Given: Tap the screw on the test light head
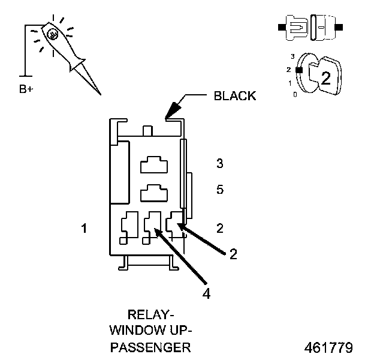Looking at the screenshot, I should point(52,34).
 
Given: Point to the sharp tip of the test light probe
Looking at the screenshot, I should point(99,94).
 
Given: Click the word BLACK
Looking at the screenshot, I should point(235,95).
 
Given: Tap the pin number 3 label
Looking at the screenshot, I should point(220,163).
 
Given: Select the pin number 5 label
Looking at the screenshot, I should point(220,190).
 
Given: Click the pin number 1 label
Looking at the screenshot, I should point(85,228).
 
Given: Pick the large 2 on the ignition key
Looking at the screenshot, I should point(325,77).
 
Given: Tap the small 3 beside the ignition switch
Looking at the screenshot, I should point(292,56).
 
